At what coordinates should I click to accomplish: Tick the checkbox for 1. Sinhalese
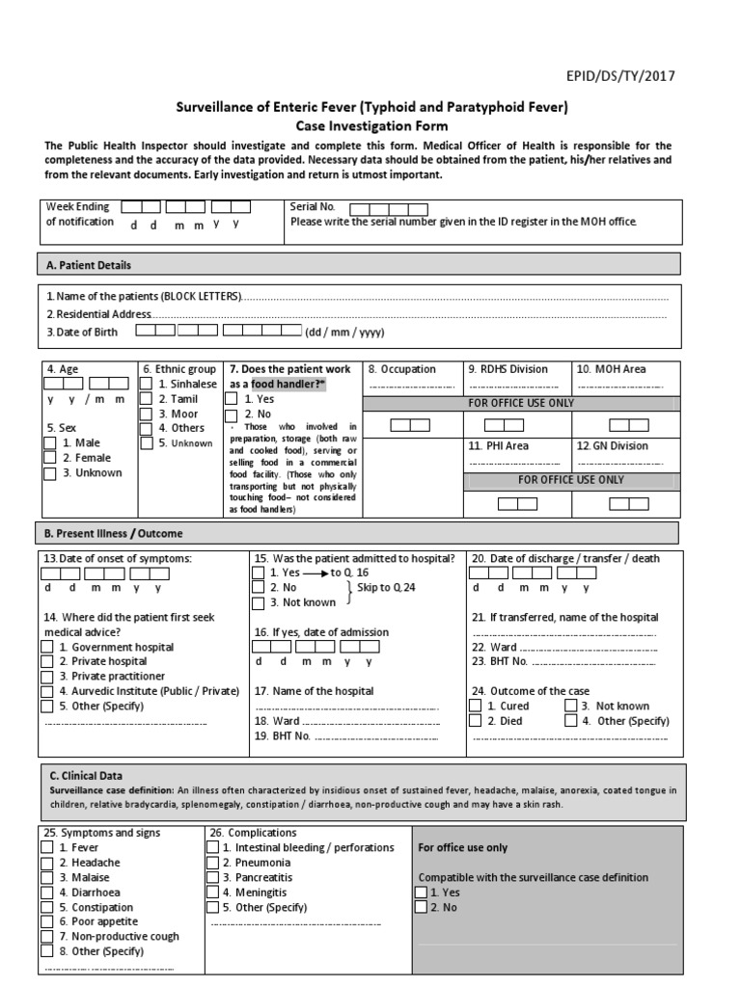[x=147, y=384]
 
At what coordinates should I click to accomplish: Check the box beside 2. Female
[x=49, y=458]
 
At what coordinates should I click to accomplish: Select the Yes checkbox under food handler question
[x=232, y=398]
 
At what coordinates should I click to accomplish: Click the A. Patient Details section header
[x=89, y=265]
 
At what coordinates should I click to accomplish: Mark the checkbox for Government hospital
[x=47, y=648]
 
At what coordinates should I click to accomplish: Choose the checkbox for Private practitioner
[x=47, y=677]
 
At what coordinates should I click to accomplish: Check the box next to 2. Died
[x=475, y=720]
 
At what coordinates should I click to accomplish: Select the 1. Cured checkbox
[x=475, y=706]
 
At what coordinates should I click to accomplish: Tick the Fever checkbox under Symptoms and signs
[x=47, y=847]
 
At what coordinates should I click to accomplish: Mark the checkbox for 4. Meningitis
[x=213, y=893]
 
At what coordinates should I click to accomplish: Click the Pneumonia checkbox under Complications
[x=213, y=863]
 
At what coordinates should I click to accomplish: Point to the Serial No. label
[x=313, y=206]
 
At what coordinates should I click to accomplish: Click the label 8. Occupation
[x=401, y=369]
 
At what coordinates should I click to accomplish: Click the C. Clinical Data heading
[x=86, y=776]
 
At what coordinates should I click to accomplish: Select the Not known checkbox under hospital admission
[x=258, y=603]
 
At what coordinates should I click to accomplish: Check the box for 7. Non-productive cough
[x=47, y=937]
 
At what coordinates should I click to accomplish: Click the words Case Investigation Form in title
[x=371, y=125]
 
